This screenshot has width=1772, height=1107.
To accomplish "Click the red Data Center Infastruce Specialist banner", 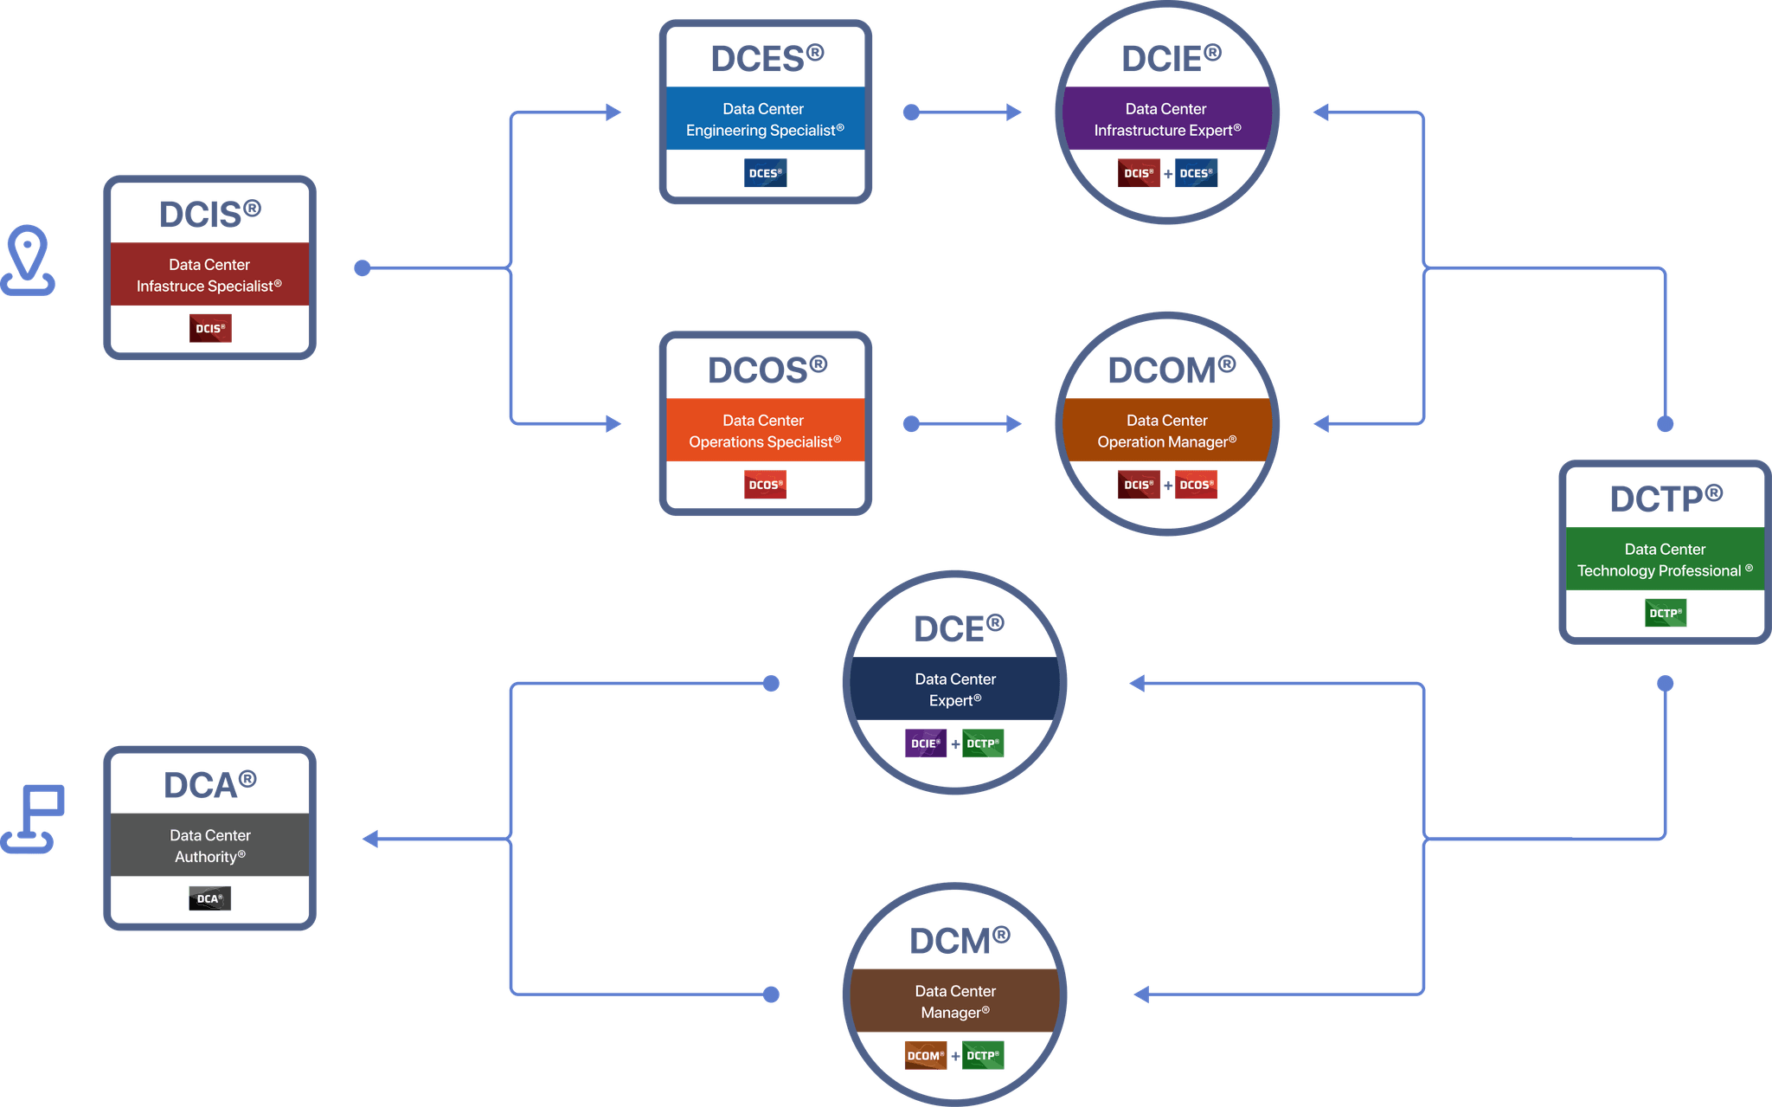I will point(209,274).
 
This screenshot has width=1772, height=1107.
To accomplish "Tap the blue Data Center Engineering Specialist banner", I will point(765,119).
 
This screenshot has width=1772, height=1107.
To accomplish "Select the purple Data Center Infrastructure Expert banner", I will point(1166,119).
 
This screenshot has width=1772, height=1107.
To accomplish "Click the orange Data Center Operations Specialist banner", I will point(765,430).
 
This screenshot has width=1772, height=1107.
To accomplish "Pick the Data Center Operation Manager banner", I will point(1166,430).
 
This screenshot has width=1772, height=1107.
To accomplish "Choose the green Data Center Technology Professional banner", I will point(1665,559).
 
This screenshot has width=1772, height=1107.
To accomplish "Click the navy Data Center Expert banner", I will point(954,689).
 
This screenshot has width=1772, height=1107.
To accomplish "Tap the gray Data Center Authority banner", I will point(209,845).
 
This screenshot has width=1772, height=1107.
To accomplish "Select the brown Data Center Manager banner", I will point(954,1001).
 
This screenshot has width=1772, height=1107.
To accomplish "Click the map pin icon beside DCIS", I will point(28,260).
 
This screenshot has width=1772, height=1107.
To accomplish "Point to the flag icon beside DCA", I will point(35,818).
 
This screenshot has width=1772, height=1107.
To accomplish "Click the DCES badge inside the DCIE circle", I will point(1196,173).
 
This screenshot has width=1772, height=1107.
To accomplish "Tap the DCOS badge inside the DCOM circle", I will point(1196,485).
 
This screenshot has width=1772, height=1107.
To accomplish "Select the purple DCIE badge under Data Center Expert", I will point(925,743).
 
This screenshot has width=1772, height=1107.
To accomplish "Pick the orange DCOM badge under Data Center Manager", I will point(925,1055).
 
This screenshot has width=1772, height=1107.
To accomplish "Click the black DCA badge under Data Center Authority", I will point(209,898).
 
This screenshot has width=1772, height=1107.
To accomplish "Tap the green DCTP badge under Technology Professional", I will point(1665,613).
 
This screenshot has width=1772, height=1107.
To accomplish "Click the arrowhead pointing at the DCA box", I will point(371,839).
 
